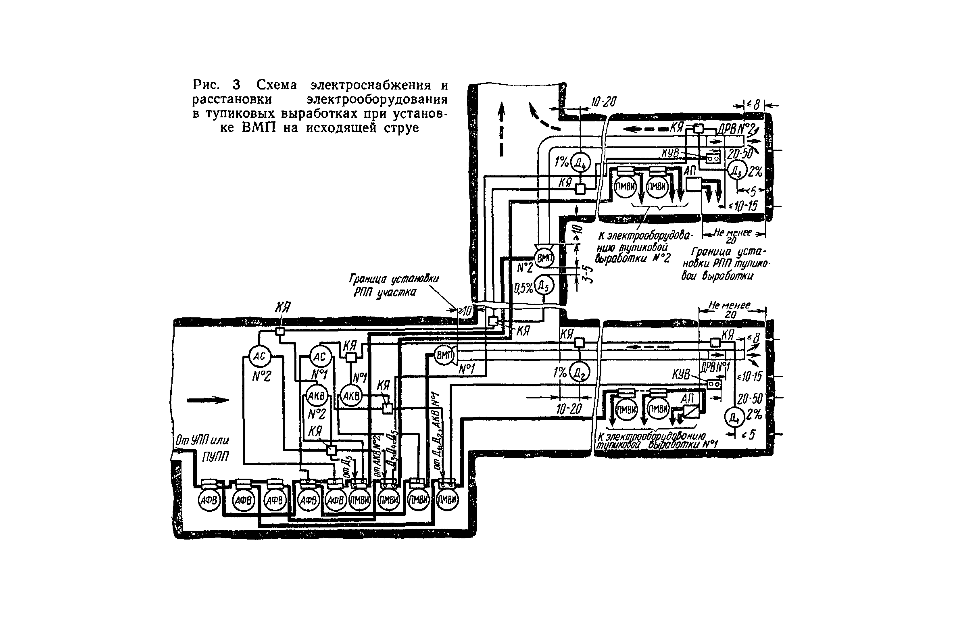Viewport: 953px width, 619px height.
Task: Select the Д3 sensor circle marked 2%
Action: [738, 172]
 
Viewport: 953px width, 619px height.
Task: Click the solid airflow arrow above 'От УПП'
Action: [208, 400]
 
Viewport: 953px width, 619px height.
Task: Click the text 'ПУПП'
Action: [215, 457]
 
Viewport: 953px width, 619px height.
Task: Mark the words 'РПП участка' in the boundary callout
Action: [384, 292]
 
